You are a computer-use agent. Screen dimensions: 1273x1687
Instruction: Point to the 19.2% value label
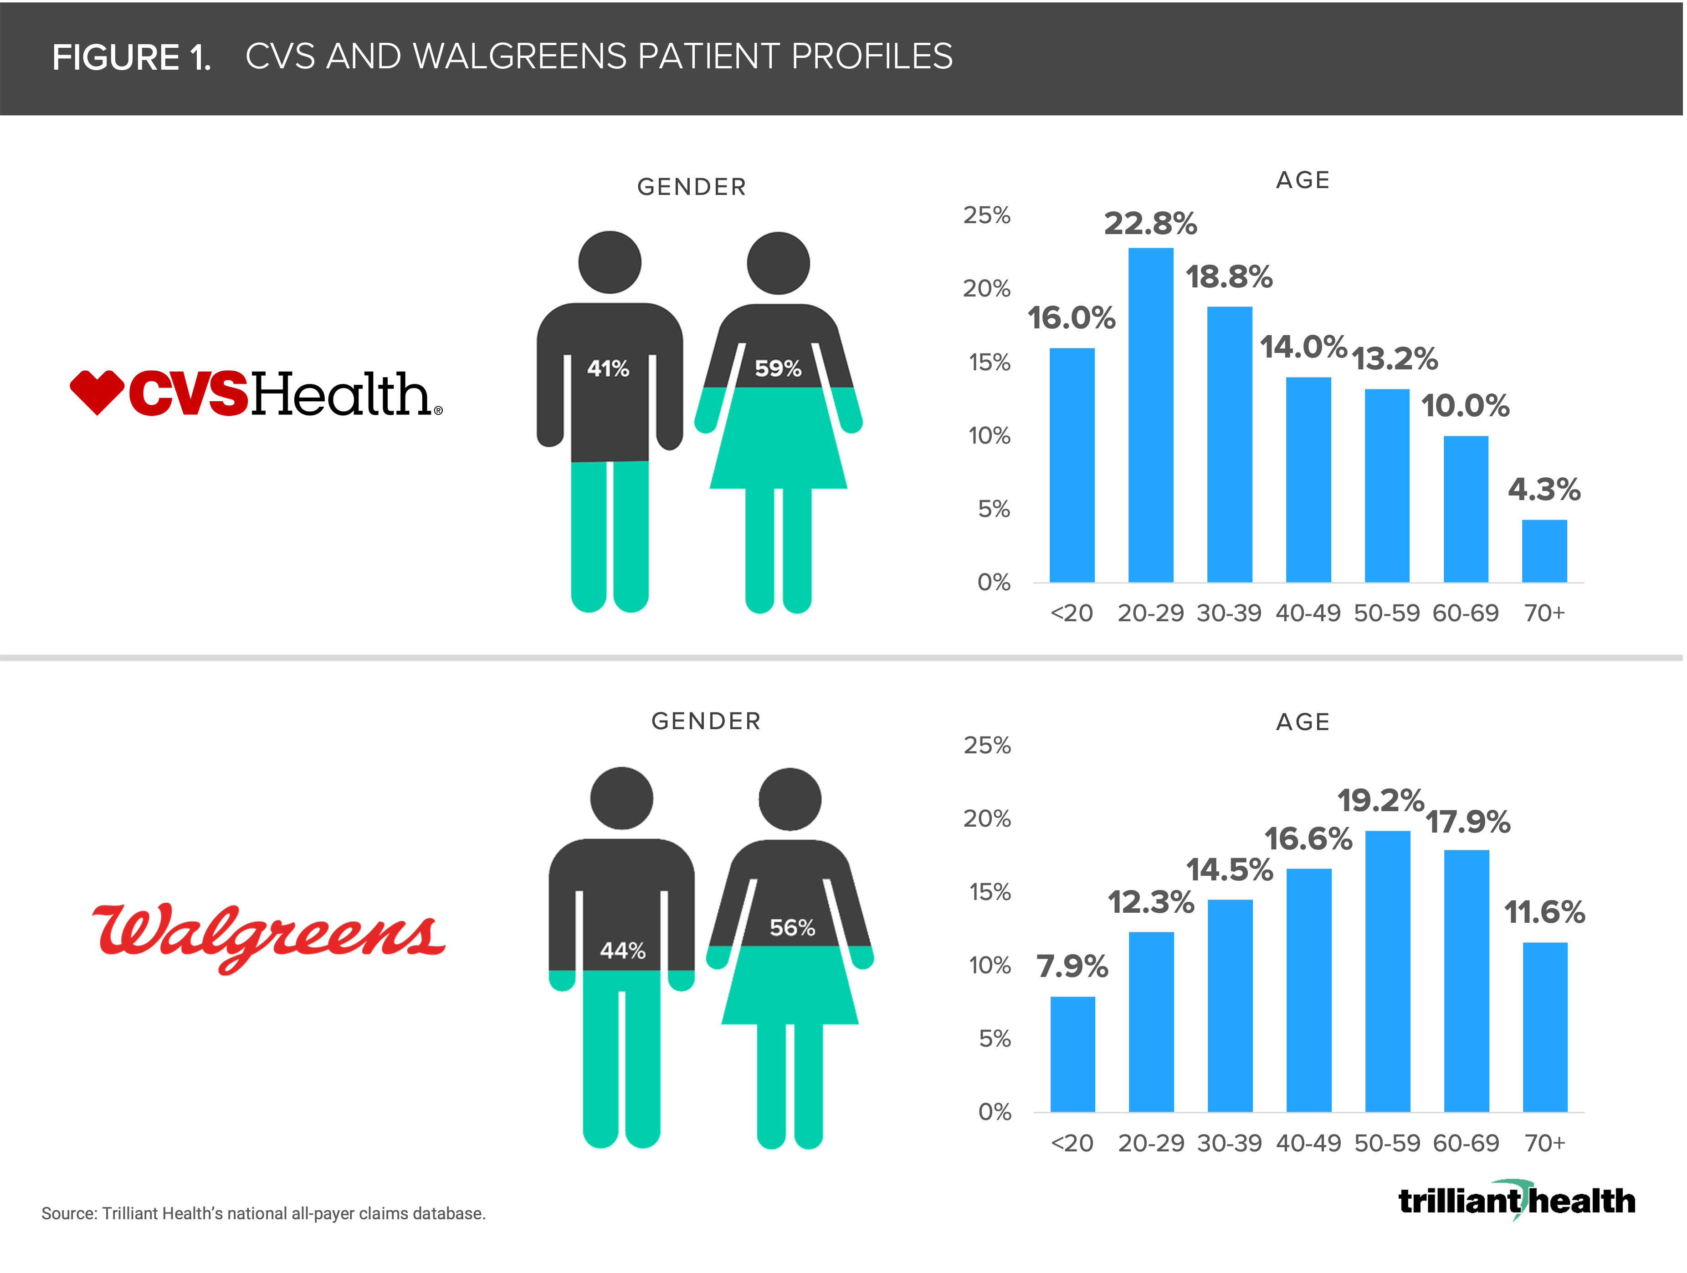(x=1380, y=800)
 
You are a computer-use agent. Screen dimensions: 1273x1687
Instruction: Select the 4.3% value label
(x=1544, y=489)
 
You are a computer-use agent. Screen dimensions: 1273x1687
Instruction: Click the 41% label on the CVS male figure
(x=608, y=369)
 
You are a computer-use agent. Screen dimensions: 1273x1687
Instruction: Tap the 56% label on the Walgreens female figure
(x=792, y=928)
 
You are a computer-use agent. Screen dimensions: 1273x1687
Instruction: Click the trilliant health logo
(x=1516, y=1201)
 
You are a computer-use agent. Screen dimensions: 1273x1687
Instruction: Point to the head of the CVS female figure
(x=778, y=263)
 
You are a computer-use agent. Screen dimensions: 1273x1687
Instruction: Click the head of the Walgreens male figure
(x=621, y=798)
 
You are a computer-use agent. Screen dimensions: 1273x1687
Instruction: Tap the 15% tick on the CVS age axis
(x=989, y=362)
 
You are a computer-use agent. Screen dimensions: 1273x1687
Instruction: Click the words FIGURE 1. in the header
(x=131, y=57)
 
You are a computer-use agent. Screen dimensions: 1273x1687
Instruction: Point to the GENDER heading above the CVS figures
(x=692, y=187)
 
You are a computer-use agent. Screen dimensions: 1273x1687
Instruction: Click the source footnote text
(x=263, y=1213)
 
